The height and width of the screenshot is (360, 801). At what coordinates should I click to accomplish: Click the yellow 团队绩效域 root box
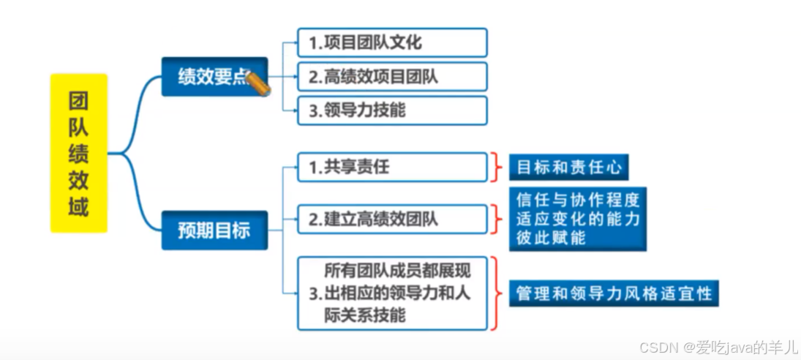(79, 153)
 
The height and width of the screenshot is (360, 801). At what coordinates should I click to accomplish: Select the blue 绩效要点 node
(214, 77)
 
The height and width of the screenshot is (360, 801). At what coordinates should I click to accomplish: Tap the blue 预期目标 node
(214, 230)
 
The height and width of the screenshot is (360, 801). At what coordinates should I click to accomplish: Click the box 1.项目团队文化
(392, 42)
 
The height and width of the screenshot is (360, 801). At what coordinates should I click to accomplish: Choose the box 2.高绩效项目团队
(392, 77)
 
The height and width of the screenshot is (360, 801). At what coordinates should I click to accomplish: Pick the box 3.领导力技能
(392, 110)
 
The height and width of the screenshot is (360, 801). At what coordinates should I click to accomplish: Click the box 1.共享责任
(392, 167)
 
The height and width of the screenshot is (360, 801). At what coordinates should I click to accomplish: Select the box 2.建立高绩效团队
(392, 218)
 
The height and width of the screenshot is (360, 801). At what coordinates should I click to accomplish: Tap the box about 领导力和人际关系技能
(392, 293)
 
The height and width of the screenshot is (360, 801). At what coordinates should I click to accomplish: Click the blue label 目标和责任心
(568, 167)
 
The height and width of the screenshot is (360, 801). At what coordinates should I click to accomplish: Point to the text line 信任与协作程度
(577, 200)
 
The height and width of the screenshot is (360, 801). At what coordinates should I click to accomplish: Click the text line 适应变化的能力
(577, 218)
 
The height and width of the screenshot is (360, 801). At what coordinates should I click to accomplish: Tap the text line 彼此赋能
(551, 238)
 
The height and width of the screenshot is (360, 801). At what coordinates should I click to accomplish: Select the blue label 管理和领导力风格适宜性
(614, 293)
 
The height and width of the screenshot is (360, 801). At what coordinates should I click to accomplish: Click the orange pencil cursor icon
(259, 84)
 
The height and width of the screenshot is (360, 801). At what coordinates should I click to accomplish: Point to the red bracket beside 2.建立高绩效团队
(497, 218)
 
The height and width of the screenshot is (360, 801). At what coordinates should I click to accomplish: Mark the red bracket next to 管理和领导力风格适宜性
(497, 293)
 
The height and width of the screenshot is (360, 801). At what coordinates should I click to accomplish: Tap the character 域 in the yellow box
(79, 207)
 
